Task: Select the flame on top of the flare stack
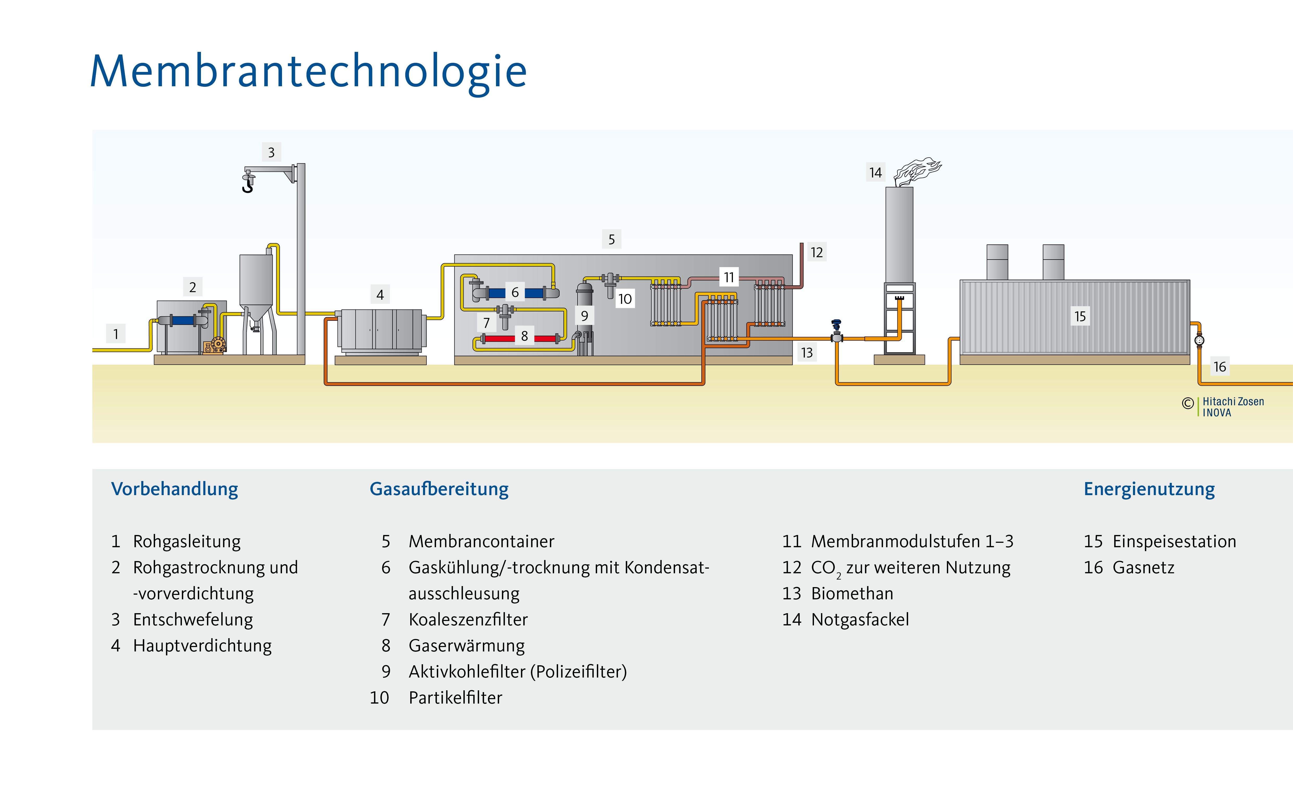[x=918, y=170]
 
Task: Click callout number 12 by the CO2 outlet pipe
[x=816, y=253]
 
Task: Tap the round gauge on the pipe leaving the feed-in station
[x=1199, y=340]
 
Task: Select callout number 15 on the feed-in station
[x=1080, y=316]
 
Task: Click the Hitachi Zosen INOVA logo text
[x=1233, y=407]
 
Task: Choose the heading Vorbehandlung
[x=175, y=489]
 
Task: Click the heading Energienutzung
[x=1149, y=489]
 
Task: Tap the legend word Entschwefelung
[x=193, y=620]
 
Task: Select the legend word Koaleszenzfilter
[x=468, y=620]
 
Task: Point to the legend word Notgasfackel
[x=860, y=620]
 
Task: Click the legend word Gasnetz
[x=1143, y=568]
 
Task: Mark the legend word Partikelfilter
[x=456, y=698]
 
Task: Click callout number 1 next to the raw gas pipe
[x=116, y=334]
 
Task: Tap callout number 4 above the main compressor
[x=380, y=295]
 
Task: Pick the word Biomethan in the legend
[x=852, y=594]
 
